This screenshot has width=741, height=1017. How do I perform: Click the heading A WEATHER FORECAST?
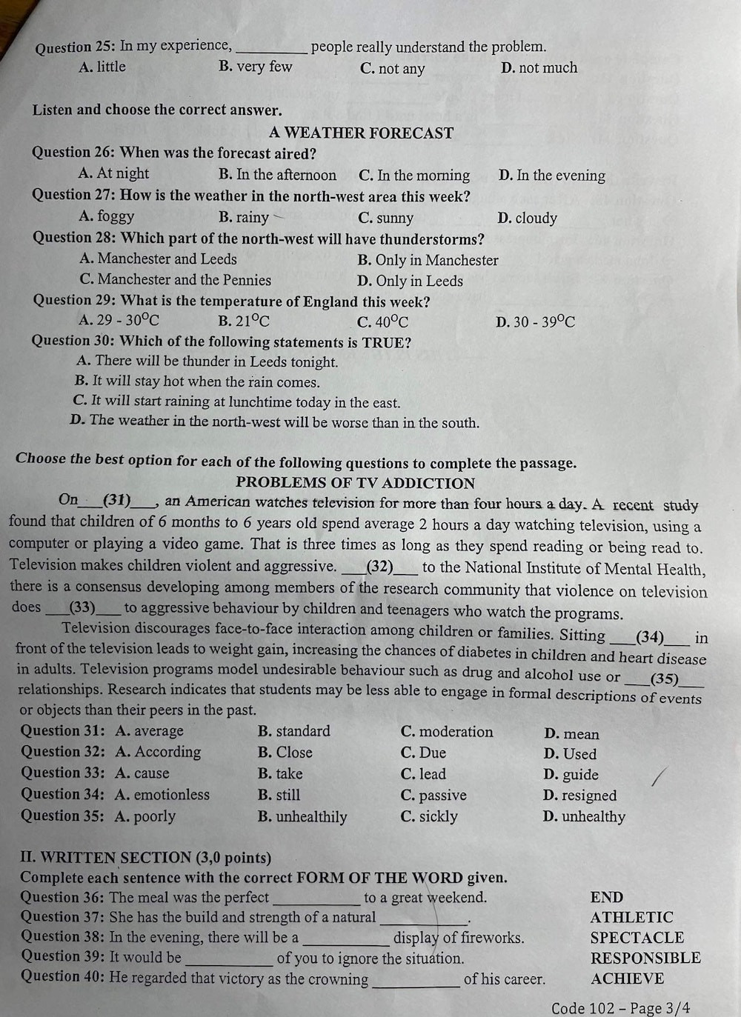click(x=361, y=133)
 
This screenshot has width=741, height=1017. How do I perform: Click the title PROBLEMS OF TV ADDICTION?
click(x=355, y=483)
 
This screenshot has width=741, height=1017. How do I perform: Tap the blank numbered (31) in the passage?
click(x=117, y=500)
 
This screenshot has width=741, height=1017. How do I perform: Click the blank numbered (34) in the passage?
click(x=650, y=636)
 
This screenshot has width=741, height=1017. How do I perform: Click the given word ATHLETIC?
click(x=631, y=917)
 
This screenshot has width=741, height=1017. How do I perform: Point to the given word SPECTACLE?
click(x=637, y=938)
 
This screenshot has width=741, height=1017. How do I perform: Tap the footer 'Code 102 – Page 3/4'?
click(x=620, y=1007)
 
